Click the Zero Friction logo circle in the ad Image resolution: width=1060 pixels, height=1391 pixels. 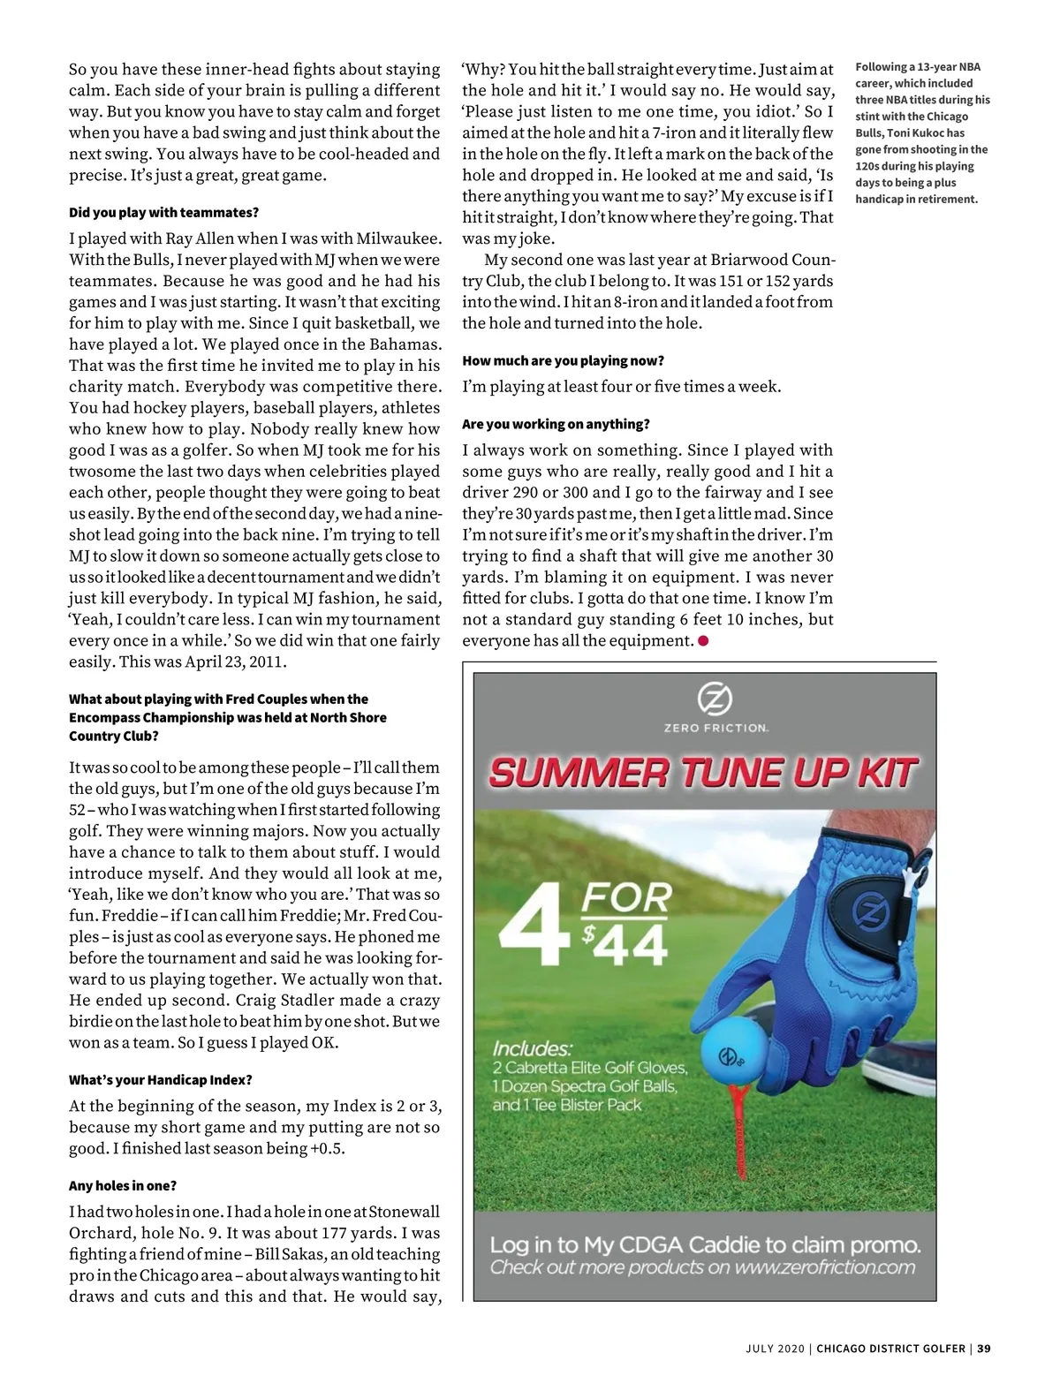tap(715, 699)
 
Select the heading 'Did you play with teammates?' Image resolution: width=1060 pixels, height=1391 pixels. tap(163, 213)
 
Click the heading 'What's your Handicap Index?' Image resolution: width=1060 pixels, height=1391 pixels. tap(161, 1080)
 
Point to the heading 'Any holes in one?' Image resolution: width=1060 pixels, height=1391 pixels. tap(123, 1186)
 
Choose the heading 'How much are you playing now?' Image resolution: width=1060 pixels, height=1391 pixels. tap(563, 361)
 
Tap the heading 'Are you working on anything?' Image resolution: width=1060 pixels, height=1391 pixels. tap(556, 425)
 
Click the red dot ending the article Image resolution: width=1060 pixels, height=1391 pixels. tap(704, 641)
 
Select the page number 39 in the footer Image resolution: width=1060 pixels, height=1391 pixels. tap(984, 1349)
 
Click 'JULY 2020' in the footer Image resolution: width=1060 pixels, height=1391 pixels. tap(775, 1349)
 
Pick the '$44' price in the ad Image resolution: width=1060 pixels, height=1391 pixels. tap(625, 945)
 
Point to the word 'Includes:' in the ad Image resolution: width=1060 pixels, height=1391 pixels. tap(533, 1049)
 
